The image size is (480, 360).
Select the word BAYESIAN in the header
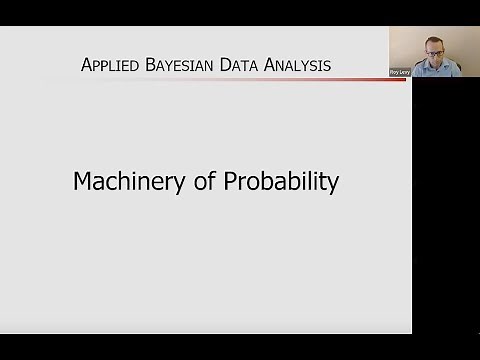click(181, 66)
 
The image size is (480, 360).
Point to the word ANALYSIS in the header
click(299, 66)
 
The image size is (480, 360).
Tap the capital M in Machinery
click(83, 183)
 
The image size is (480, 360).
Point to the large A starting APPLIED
click(87, 66)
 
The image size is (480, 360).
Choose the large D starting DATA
click(226, 66)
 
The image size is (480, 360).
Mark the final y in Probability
click(333, 187)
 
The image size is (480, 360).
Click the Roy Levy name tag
click(401, 72)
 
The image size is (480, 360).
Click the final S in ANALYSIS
click(327, 66)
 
